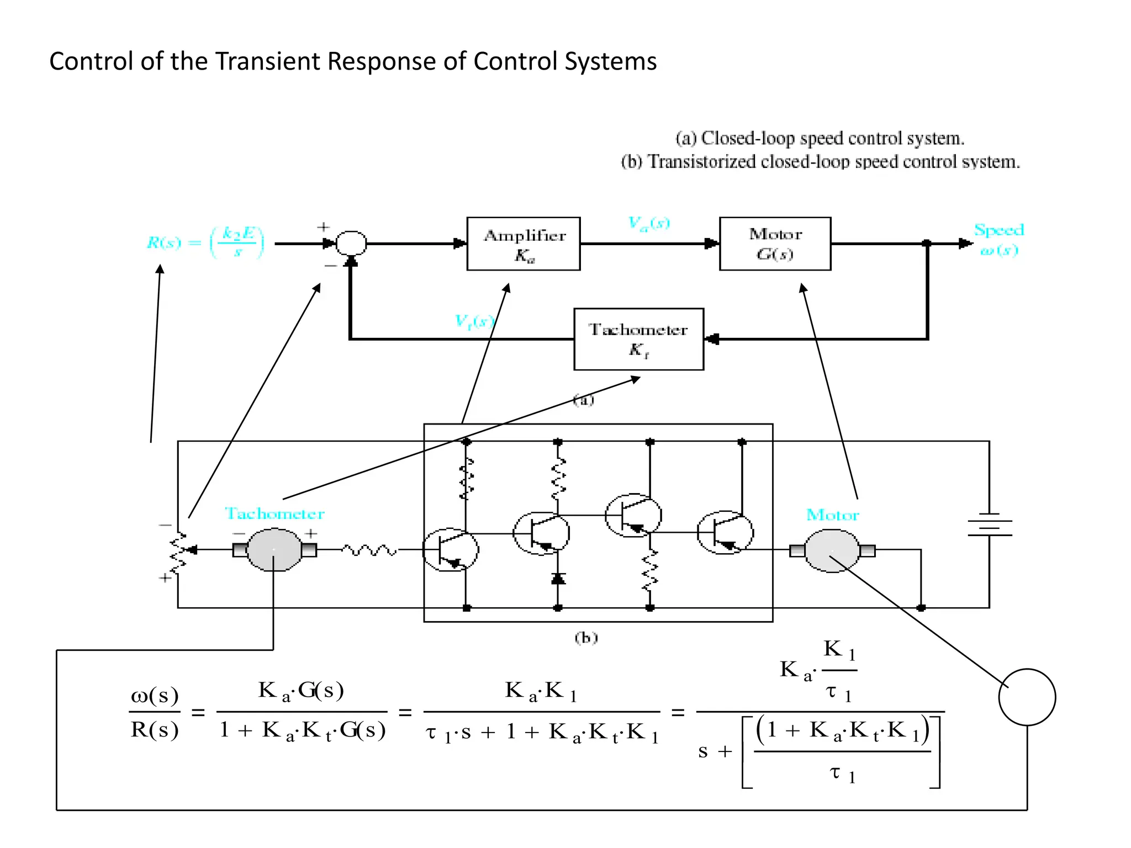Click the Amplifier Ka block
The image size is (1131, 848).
pos(523,243)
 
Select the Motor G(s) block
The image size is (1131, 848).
pos(775,243)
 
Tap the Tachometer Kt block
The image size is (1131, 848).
pos(638,339)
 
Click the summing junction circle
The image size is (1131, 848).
pos(351,243)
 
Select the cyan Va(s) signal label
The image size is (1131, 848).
pos(649,223)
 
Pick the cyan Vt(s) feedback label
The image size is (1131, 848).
pos(473,321)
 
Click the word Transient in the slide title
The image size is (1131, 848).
pos(268,61)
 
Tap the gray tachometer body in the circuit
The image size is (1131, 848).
pos(274,550)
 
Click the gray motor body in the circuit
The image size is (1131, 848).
pos(832,550)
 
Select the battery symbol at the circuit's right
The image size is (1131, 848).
pos(989,524)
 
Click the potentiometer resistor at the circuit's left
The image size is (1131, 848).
pos(178,553)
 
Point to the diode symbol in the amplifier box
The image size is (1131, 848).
pos(558,579)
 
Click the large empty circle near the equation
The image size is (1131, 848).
pos(1027,697)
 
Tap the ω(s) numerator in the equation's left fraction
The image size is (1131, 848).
pos(155,696)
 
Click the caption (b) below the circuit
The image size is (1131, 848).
pos(586,638)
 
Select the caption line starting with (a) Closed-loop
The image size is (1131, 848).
pos(820,138)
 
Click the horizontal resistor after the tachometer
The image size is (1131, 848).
pos(369,550)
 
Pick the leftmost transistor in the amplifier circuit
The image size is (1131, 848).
pos(450,550)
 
